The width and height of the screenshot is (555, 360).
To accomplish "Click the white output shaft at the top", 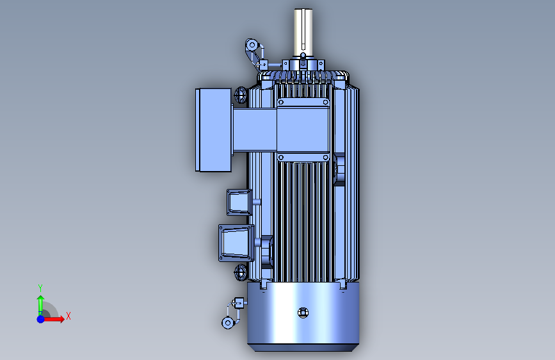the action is pyautogui.click(x=303, y=32).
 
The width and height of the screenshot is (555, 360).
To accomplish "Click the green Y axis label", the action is pyautogui.click(x=40, y=288).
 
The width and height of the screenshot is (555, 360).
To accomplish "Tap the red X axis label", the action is pyautogui.click(x=68, y=316).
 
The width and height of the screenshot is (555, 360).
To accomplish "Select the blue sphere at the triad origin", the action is pyautogui.click(x=41, y=319).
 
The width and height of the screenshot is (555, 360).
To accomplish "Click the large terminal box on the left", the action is pyautogui.click(x=213, y=130).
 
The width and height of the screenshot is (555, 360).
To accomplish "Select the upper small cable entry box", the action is pyautogui.click(x=239, y=202).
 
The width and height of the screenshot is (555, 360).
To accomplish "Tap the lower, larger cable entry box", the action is pyautogui.click(x=236, y=243).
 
